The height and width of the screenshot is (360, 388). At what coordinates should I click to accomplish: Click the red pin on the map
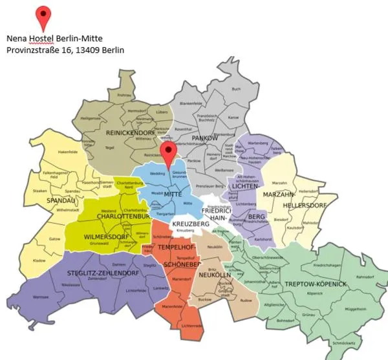[x=169, y=154]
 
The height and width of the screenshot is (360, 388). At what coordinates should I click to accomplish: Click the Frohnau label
[x=124, y=96]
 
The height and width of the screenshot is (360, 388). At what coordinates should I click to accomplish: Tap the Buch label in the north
[x=236, y=89]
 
